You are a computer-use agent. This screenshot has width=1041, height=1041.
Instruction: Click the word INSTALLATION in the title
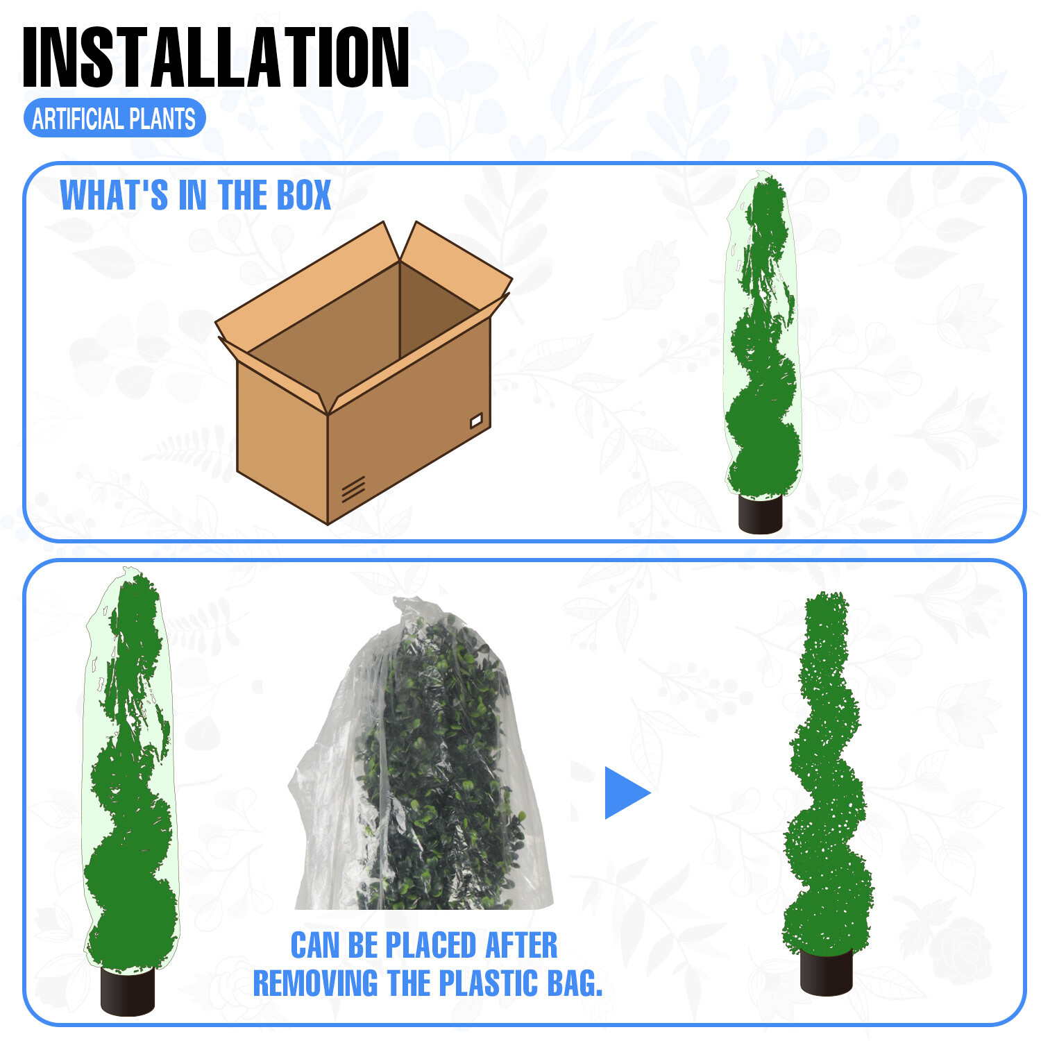[x=216, y=58]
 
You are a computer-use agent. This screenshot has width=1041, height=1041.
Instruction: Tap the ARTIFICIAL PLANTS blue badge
[x=115, y=119]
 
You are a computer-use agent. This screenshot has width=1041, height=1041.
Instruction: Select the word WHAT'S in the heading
[x=114, y=195]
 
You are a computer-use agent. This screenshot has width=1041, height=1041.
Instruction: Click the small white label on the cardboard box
[x=476, y=421]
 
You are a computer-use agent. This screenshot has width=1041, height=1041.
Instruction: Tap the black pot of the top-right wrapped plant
[x=760, y=514]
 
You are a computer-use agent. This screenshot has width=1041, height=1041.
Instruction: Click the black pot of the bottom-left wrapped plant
[x=128, y=990]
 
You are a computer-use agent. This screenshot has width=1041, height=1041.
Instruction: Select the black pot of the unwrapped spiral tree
[x=826, y=972]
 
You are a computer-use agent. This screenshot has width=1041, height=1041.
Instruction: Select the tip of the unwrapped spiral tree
[x=826, y=593]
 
